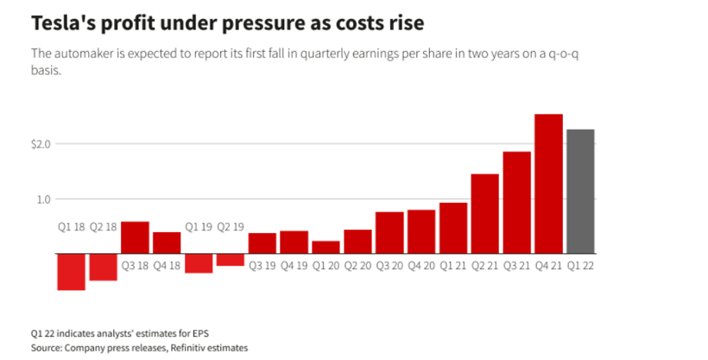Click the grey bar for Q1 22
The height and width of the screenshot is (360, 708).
click(x=580, y=191)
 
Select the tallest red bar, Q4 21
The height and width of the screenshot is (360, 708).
click(x=548, y=183)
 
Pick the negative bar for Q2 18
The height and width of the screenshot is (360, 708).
click(x=104, y=267)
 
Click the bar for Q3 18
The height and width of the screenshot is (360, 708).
click(x=135, y=237)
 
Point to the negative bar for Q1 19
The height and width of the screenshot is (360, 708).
click(x=199, y=262)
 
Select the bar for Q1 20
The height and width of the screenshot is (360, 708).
click(x=326, y=247)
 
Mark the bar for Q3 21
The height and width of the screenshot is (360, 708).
click(x=516, y=202)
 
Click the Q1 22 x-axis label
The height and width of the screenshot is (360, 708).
click(x=580, y=266)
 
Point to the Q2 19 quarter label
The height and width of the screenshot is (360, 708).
click(x=231, y=227)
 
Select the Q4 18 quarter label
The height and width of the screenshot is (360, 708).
click(x=167, y=266)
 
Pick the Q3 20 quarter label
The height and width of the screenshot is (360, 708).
click(x=389, y=266)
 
